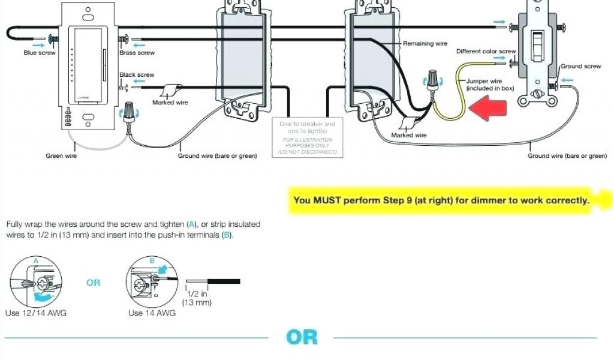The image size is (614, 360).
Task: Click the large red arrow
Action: click(x=489, y=109)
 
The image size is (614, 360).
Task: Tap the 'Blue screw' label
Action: click(x=40, y=53)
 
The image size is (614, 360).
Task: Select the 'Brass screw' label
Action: click(x=137, y=53)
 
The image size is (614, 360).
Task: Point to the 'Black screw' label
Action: click(x=137, y=75)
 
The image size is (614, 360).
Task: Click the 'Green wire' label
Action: click(x=61, y=156)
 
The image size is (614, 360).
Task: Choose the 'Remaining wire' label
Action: click(x=425, y=44)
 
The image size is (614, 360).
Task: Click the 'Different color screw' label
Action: click(x=486, y=52)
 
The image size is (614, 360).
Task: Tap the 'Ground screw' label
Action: click(x=580, y=66)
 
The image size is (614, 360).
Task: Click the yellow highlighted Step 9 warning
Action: click(x=441, y=200)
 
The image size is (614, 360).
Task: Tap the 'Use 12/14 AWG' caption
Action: click(x=35, y=313)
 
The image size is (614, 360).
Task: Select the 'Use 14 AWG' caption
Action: click(x=152, y=313)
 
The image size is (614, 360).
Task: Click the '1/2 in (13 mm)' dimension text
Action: click(x=197, y=298)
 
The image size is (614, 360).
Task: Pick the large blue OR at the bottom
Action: click(x=302, y=337)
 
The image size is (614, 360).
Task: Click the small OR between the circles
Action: click(x=94, y=283)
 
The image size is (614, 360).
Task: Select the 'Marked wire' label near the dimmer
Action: click(x=170, y=103)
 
